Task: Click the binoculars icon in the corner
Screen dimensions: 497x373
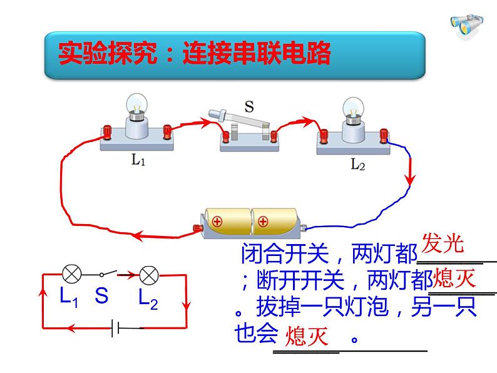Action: tap(467, 25)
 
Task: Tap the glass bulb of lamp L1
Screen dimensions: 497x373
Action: tap(137, 103)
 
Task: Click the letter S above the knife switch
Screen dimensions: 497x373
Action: tap(250, 106)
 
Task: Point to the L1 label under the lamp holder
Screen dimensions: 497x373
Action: tap(138, 160)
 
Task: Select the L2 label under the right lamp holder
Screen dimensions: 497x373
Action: tap(357, 164)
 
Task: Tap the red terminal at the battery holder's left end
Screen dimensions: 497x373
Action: tap(198, 228)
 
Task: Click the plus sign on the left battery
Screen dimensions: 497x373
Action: tap(217, 221)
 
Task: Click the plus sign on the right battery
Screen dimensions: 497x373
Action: tap(263, 221)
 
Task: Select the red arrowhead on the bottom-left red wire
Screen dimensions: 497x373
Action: tap(137, 236)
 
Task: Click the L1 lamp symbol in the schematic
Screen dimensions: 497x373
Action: tap(72, 273)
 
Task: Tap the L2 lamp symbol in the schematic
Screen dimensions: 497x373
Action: tap(149, 275)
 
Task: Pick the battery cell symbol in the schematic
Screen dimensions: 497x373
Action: tap(115, 328)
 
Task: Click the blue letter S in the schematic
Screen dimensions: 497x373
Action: tap(101, 295)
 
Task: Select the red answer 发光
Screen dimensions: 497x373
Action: tap(443, 243)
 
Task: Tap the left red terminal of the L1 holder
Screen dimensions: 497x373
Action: tap(106, 132)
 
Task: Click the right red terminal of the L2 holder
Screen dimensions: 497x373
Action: tap(384, 136)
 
